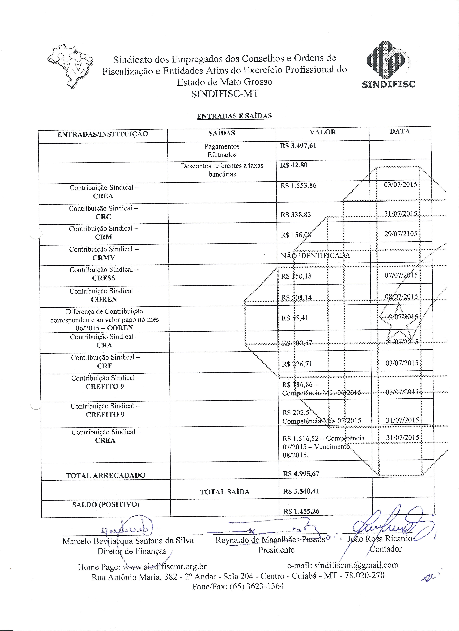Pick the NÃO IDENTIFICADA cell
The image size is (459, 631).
[315, 255]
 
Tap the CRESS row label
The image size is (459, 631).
[104, 278]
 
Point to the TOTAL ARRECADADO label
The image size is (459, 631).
[106, 475]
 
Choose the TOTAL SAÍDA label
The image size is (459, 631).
[225, 492]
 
